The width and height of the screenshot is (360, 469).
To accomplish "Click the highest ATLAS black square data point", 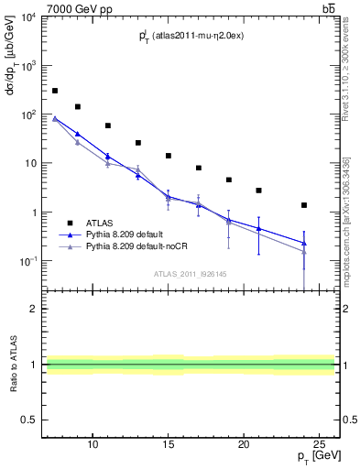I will (55, 91).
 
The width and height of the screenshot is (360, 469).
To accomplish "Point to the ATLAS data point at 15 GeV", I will (169, 156).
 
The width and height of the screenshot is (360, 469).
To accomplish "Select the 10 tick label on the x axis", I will (93, 444).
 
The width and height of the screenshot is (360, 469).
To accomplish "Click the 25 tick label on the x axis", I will (319, 444).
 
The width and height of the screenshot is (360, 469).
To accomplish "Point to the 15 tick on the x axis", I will (169, 444).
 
